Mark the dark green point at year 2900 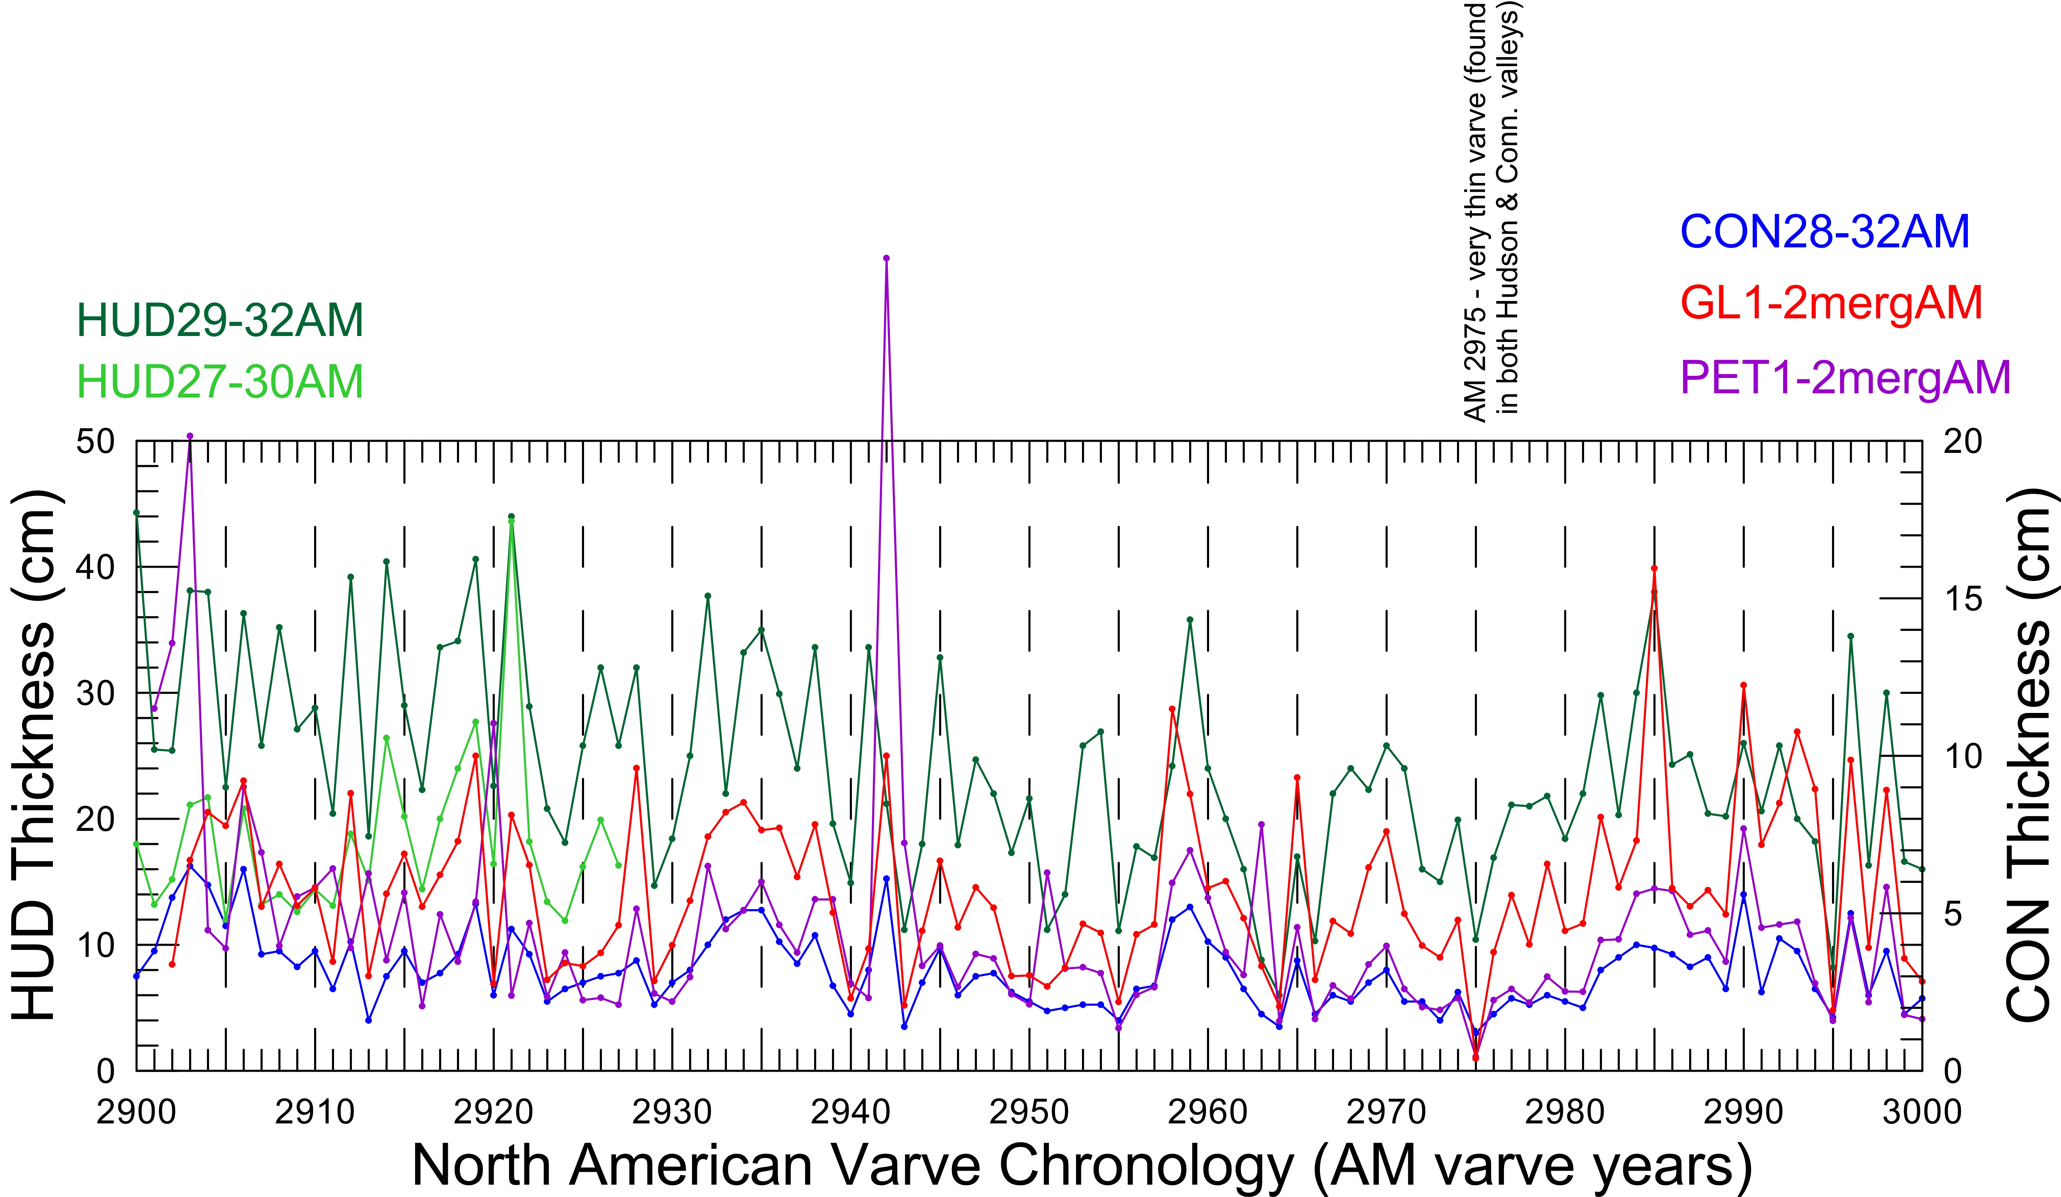[137, 513]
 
